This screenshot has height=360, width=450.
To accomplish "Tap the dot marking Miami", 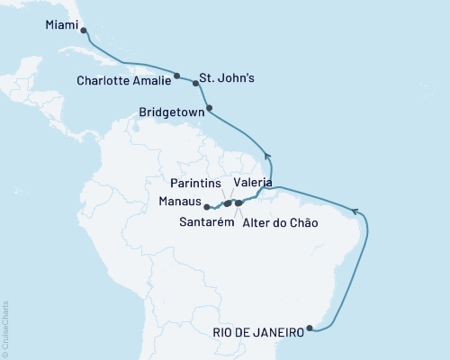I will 85,30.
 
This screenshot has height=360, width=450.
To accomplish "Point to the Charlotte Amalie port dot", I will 177,76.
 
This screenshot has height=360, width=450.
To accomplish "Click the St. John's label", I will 227,77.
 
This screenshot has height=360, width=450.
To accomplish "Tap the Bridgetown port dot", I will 210,109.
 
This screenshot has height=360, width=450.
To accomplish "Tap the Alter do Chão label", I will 280,221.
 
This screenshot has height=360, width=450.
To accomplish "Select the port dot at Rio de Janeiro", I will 310,328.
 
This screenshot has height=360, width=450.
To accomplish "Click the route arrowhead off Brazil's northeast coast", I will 356,211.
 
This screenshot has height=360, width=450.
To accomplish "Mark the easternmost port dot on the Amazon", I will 238,203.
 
